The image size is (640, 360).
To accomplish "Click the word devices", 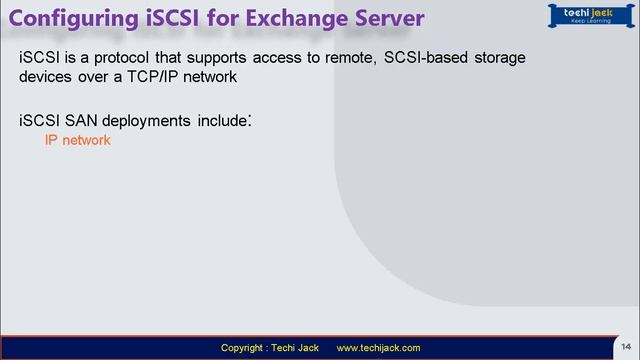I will click(x=48, y=77).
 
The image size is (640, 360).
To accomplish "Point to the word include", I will click(x=223, y=122).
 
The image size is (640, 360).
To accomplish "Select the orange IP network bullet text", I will click(x=77, y=142).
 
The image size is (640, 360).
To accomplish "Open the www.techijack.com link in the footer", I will click(x=378, y=348).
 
